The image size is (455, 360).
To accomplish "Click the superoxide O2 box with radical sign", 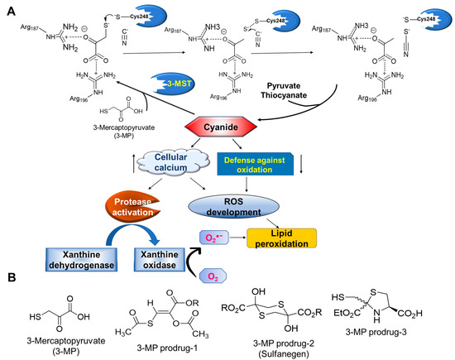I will coord(211,237).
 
